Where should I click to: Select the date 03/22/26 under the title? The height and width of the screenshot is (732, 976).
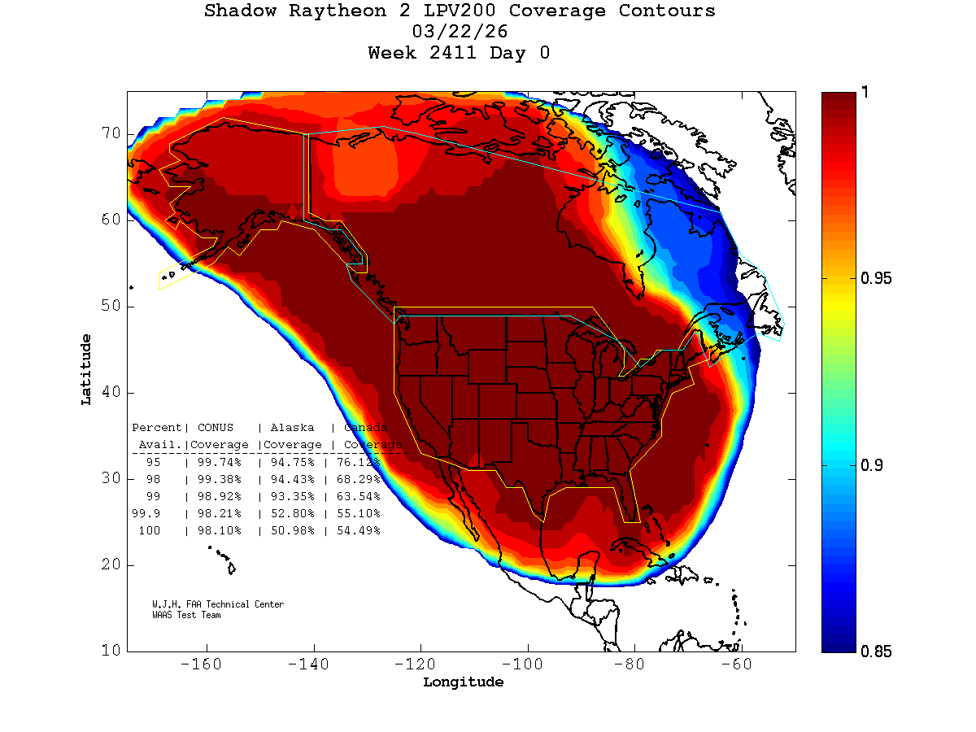click(460, 33)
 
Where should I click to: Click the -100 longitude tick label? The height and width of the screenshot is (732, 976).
click(528, 664)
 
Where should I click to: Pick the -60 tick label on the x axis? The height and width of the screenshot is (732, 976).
click(742, 664)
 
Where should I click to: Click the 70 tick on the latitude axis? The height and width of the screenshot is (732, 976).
click(110, 133)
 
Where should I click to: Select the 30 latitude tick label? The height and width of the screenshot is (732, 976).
click(110, 478)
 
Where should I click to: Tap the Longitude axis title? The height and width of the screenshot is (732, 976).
click(463, 682)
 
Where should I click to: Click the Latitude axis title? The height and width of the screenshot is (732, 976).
click(86, 369)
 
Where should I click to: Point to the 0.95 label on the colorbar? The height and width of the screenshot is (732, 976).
click(876, 279)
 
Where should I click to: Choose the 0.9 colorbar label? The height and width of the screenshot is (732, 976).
click(872, 465)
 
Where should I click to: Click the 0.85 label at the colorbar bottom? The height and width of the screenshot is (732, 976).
click(876, 651)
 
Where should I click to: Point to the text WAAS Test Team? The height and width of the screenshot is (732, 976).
click(186, 615)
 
